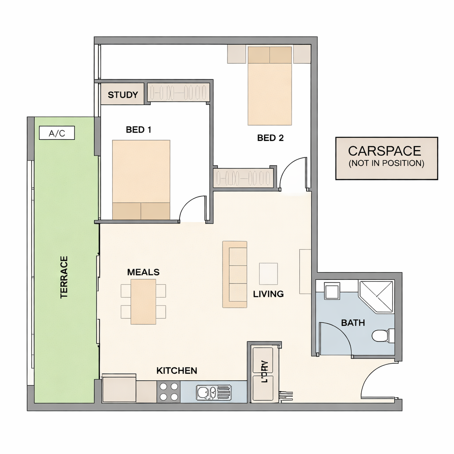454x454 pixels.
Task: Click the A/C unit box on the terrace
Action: pyautogui.click(x=57, y=133)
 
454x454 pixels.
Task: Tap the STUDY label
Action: pyautogui.click(x=123, y=95)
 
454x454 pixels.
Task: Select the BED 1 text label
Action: pyautogui.click(x=139, y=130)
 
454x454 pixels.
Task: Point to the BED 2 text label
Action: pyautogui.click(x=270, y=138)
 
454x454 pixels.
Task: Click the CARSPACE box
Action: pyautogui.click(x=387, y=158)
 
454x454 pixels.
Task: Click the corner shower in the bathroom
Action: pyautogui.click(x=377, y=297)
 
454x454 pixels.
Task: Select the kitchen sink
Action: pyautogui.click(x=214, y=392)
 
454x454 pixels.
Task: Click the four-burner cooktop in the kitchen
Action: pyautogui.click(x=168, y=391)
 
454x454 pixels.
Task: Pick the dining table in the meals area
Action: pyautogui.click(x=143, y=301)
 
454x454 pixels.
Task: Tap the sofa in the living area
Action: pyautogui.click(x=235, y=274)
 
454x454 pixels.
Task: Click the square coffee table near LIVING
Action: pyautogui.click(x=268, y=274)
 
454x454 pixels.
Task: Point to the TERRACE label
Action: pyautogui.click(x=64, y=277)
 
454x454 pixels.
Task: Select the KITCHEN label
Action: pyautogui.click(x=176, y=371)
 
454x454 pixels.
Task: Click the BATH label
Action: pyautogui.click(x=353, y=323)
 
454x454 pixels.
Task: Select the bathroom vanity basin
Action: pyautogui.click(x=332, y=291)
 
